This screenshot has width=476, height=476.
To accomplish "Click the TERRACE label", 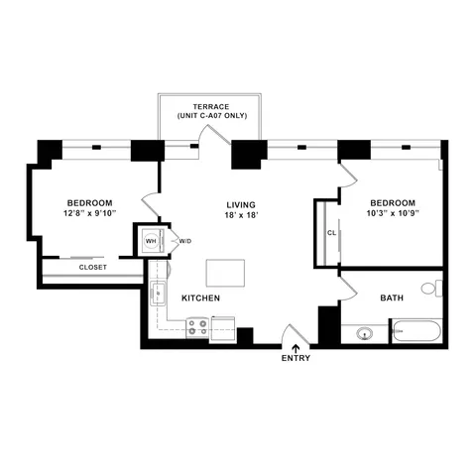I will [x=212, y=105].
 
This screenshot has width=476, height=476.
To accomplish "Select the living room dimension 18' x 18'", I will [x=242, y=215].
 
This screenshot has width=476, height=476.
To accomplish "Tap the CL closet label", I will [x=330, y=233].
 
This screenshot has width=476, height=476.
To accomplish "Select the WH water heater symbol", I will [x=151, y=241].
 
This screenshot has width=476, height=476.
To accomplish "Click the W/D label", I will [x=184, y=241].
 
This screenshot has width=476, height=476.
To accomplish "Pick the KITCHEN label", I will [x=199, y=297].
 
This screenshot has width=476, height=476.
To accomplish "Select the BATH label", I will [x=392, y=297].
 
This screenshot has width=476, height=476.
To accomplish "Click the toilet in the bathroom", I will [x=429, y=289].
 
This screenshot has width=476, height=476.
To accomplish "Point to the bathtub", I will [x=416, y=330].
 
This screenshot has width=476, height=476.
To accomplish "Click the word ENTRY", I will [x=296, y=358].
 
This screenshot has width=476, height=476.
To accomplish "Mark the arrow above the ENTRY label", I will [x=296, y=347].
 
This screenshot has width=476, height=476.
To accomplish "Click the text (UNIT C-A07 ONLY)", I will [x=212, y=116].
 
